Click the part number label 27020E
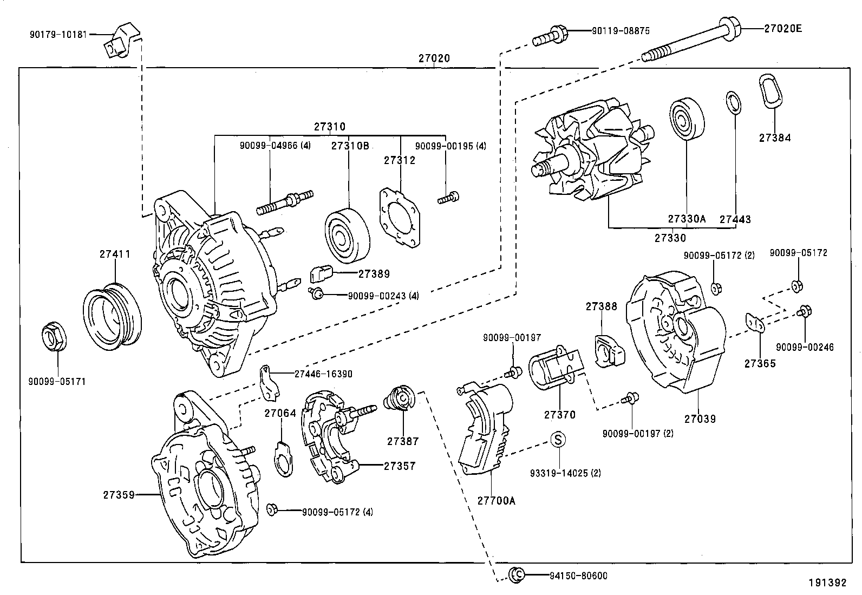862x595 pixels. (x=782, y=28)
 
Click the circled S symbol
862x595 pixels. (x=558, y=439)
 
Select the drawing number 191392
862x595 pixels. (x=827, y=583)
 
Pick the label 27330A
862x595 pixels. (x=687, y=219)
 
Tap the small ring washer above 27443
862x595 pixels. (x=733, y=103)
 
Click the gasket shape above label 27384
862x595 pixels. (x=770, y=91)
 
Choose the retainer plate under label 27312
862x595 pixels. (x=400, y=218)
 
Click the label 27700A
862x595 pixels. (x=496, y=501)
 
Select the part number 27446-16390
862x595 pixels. (x=323, y=374)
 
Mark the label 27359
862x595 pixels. (x=117, y=494)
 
